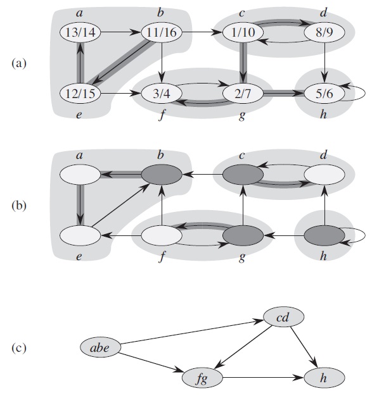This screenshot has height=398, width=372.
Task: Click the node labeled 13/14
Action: [80, 32]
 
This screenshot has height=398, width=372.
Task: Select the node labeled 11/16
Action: [162, 32]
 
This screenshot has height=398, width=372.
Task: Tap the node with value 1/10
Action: [243, 32]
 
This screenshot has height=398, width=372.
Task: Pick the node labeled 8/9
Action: [324, 32]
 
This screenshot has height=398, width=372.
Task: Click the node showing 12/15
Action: [80, 94]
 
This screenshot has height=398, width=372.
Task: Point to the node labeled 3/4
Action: [162, 94]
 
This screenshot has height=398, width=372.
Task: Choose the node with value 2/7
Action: [243, 94]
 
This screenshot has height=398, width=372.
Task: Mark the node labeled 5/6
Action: [324, 94]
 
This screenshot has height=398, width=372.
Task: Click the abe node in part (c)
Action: [100, 347]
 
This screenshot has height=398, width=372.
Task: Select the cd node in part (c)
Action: [283, 317]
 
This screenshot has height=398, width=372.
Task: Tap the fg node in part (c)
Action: [202, 378]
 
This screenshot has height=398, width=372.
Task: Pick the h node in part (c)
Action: [324, 378]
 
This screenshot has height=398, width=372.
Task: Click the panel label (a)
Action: [19, 63]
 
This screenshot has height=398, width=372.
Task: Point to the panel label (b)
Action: [19, 206]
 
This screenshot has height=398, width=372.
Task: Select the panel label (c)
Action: [19, 348]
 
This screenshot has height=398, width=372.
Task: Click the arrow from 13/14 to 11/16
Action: [121, 32]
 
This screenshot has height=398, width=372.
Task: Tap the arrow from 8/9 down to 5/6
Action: [324, 63]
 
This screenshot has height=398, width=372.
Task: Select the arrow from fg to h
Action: [263, 378]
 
